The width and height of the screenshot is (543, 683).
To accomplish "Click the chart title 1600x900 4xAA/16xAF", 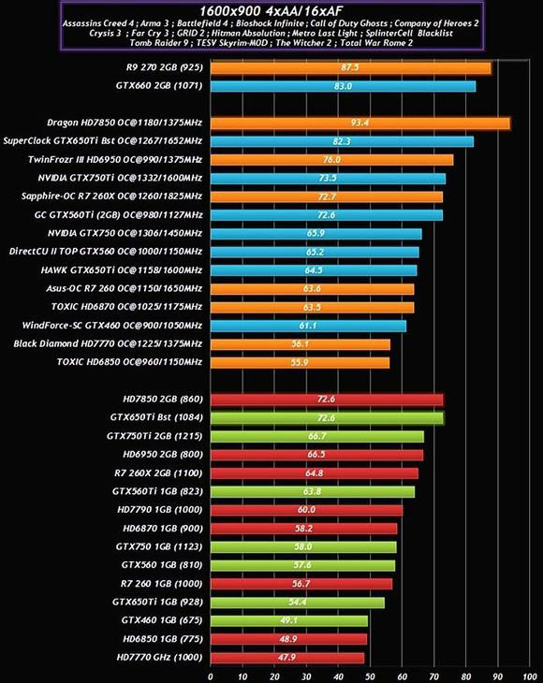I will (x=271, y=8).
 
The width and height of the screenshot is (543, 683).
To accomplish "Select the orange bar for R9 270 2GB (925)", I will (x=351, y=68).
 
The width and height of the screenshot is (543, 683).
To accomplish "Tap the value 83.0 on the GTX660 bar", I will (x=342, y=86).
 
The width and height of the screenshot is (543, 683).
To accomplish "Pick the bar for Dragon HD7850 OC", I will (x=360, y=123).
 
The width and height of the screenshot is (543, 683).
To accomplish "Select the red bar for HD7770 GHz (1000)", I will (x=286, y=658).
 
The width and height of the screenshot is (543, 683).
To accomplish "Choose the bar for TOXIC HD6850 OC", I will (x=300, y=362).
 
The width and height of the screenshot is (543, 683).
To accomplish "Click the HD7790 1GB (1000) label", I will (x=158, y=510).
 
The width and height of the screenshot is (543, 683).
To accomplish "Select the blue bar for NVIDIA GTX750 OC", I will (x=316, y=233).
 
